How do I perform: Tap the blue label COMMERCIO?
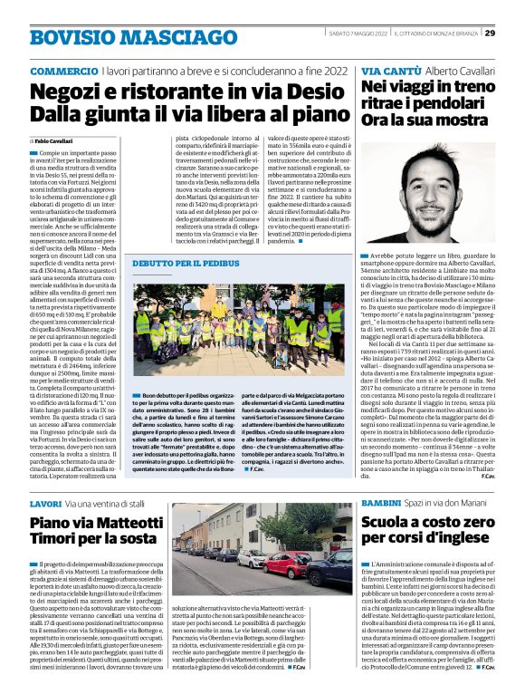click(x=63, y=71)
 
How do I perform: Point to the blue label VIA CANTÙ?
click(x=390, y=71)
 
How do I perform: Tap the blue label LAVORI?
click(x=45, y=502)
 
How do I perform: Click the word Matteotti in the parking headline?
click(x=127, y=523)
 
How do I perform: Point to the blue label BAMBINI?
click(x=383, y=502)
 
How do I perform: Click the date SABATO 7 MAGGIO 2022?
click(x=358, y=34)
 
